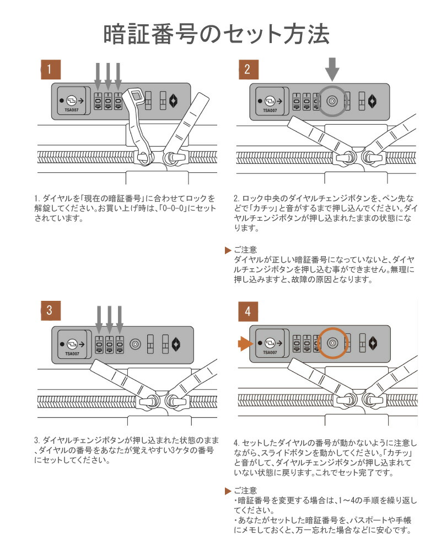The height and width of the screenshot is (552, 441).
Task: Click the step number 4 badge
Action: point(248,311)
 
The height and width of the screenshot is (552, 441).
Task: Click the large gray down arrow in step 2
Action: point(332,71)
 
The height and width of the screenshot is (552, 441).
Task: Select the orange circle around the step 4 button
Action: point(333,343)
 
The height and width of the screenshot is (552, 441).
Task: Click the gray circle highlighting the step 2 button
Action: point(333,101)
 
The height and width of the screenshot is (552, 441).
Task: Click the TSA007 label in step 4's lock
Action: point(270,353)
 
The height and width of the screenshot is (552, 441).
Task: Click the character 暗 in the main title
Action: point(117,34)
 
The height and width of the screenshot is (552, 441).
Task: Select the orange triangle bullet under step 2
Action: point(228,250)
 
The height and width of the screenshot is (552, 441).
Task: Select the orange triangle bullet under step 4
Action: point(228,491)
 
